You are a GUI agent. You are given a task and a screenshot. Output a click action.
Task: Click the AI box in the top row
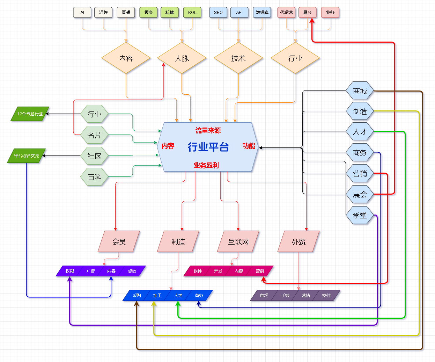82,13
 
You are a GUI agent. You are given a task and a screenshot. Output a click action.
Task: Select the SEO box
218,13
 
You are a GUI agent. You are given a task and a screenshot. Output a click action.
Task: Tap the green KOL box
192,13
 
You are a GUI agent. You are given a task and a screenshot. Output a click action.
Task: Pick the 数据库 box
262,13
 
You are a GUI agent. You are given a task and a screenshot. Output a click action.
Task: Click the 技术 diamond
238,58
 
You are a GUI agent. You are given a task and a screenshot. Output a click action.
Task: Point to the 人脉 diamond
182,58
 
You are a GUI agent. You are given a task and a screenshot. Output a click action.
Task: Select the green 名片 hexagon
94,135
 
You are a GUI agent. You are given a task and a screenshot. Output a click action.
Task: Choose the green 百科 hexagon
94,177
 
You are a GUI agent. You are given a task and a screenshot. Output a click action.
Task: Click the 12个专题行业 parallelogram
30,114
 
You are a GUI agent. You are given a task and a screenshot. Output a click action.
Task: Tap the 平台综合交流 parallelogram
27,156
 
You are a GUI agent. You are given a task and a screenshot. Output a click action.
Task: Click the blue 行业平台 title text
208,147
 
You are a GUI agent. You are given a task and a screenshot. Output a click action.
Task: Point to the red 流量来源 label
208,131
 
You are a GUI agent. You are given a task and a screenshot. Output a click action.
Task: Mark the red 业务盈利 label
206,165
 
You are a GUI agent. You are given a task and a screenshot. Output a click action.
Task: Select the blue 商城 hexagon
360,91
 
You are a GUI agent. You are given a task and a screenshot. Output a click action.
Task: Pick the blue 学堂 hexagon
360,216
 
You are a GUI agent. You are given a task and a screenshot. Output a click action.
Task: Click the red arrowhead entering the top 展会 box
312,21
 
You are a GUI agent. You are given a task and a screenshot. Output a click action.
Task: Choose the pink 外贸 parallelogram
298,241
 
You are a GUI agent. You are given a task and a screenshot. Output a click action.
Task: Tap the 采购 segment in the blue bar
137,296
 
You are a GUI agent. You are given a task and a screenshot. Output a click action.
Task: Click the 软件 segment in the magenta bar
198,271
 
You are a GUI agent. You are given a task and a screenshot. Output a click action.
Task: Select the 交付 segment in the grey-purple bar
326,296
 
